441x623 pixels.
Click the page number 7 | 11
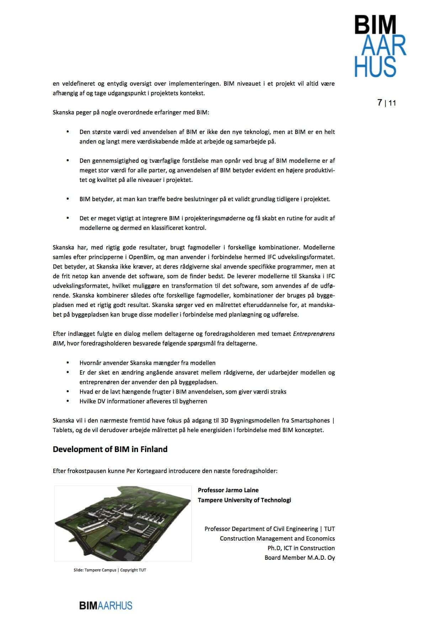coord(386,103)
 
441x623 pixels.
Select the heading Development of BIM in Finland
coord(110,449)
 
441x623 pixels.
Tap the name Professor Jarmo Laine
coord(228,490)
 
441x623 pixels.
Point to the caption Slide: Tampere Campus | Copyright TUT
coord(110,570)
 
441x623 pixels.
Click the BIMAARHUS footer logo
coord(106,605)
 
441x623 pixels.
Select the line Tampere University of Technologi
coord(244,500)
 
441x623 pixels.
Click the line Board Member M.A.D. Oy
coord(299,558)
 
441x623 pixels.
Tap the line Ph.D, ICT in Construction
coord(301,548)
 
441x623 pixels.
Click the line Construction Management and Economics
coord(277,538)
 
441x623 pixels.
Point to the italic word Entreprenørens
coord(314,334)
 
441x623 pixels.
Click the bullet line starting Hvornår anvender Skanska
coord(147,363)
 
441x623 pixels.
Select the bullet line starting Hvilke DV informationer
coord(143,401)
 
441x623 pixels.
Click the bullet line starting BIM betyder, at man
coord(204,199)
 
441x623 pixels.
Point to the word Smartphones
coord(310,420)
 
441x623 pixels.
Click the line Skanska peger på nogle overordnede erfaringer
coord(131,113)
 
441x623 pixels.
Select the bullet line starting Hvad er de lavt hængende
coord(183,392)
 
